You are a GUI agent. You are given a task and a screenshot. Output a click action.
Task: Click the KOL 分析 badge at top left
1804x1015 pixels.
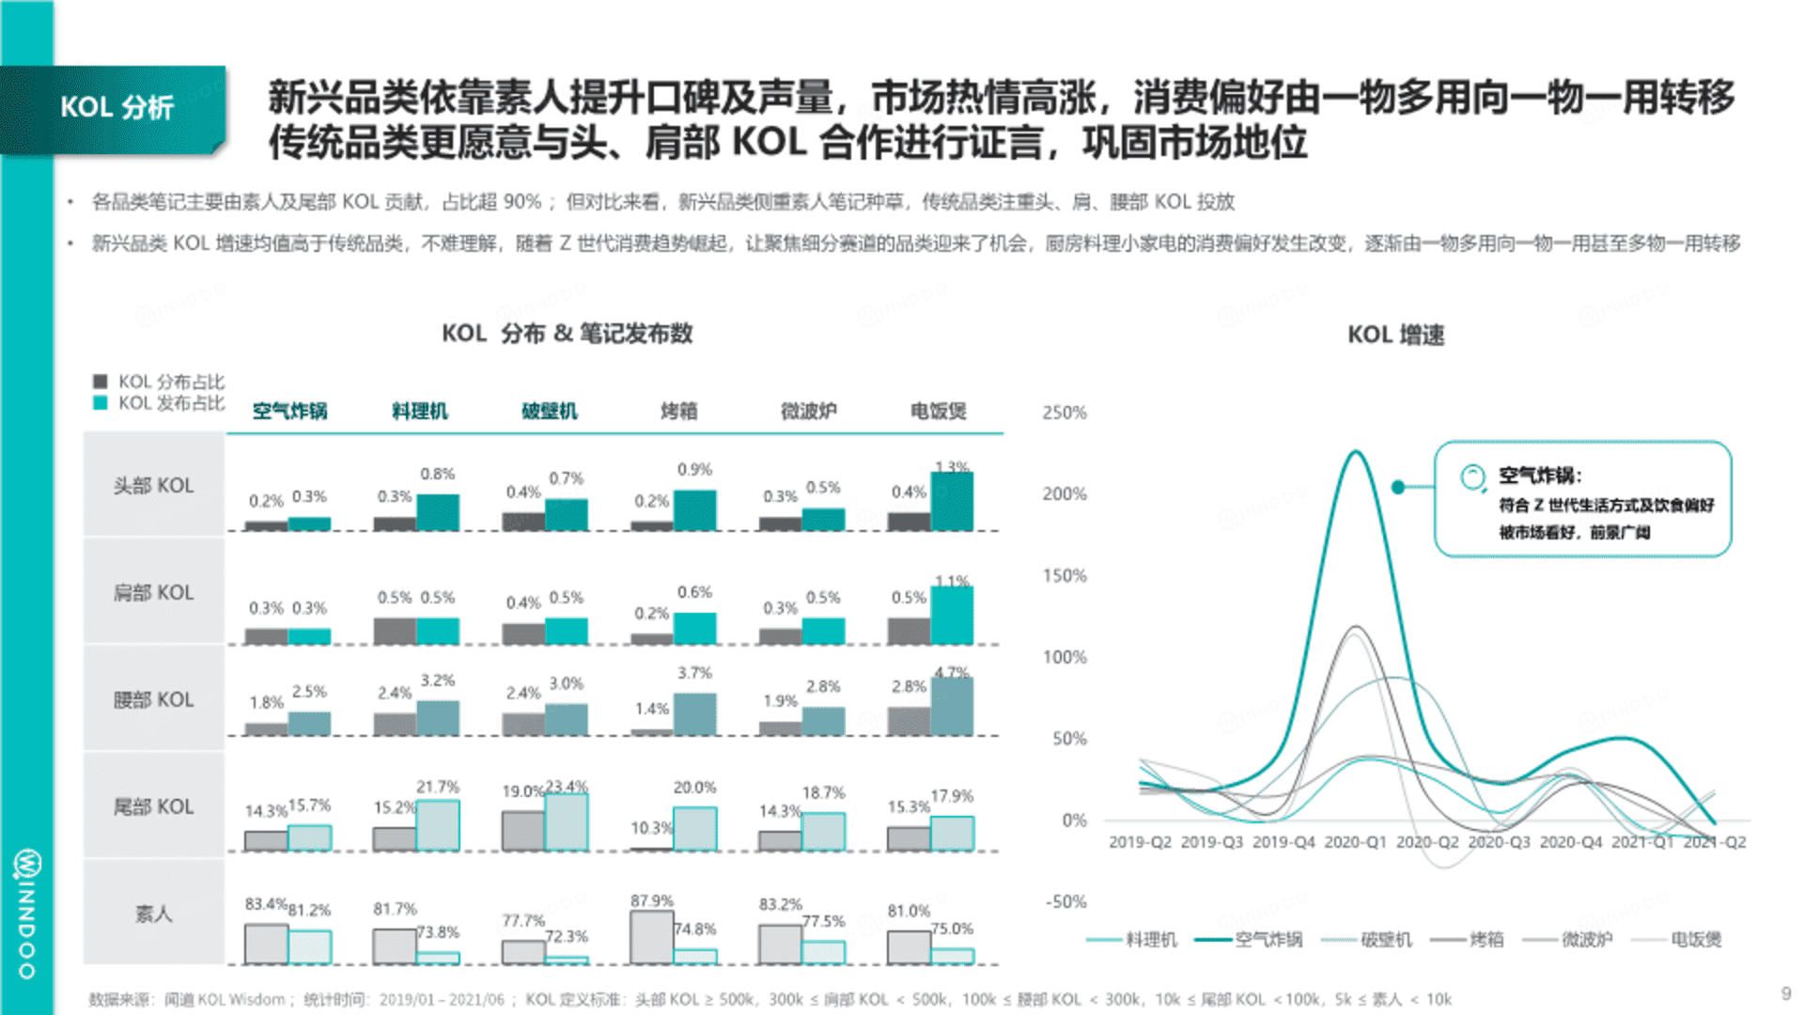point(117,108)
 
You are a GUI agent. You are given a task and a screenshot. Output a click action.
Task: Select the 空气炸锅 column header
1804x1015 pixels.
point(289,412)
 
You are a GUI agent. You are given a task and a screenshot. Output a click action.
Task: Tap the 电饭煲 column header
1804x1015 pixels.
point(938,412)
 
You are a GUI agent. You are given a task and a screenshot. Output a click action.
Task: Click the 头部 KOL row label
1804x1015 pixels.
point(153,486)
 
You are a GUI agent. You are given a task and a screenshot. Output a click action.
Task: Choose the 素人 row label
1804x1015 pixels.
point(153,913)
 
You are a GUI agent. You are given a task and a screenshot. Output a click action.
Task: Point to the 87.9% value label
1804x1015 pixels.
point(651,901)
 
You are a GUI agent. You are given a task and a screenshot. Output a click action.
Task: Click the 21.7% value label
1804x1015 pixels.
point(438,787)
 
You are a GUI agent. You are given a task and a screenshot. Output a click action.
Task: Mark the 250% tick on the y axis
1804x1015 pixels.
point(1064,413)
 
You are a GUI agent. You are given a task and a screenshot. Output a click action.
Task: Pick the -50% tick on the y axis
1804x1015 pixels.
point(1065,902)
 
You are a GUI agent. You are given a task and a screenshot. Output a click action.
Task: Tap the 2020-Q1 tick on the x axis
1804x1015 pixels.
point(1355,842)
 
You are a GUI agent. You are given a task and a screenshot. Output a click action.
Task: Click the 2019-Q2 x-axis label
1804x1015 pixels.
point(1140,842)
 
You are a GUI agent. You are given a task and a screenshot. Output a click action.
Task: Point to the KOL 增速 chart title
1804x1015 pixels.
point(1395,336)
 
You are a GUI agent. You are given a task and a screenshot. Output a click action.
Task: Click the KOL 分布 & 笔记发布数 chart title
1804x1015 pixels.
point(567,334)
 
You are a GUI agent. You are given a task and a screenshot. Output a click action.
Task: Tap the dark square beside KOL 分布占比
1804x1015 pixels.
point(101,382)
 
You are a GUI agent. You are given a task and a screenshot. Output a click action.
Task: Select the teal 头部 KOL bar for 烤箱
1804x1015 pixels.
point(694,510)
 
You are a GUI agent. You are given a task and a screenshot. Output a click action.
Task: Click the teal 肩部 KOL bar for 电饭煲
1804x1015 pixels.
point(952,616)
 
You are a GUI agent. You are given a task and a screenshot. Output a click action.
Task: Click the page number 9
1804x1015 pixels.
point(1785,993)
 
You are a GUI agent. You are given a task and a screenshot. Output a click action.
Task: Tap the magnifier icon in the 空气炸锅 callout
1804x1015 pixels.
point(1472,477)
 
